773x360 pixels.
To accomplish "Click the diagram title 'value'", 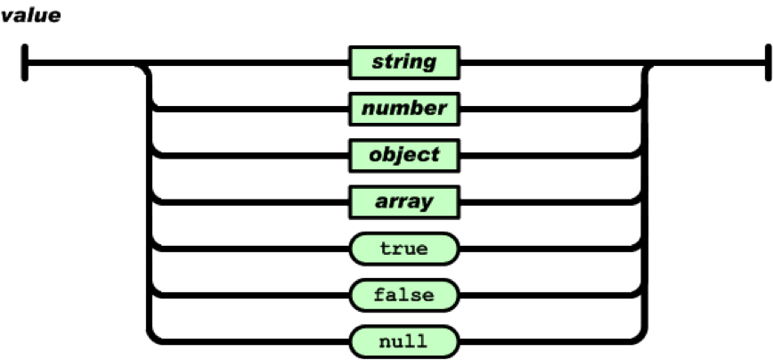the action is point(30,15).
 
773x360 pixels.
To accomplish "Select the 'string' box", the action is point(404,62).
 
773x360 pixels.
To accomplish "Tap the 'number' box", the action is point(404,109).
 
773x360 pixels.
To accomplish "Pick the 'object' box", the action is point(404,155).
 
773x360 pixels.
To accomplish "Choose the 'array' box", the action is point(404,201).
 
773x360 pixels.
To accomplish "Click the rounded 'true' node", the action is point(404,249).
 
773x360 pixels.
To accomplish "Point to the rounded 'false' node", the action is point(404,295).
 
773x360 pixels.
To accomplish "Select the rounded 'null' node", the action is point(404,341).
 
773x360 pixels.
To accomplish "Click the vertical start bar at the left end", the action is point(25,62).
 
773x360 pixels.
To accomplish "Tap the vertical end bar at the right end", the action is point(768,62).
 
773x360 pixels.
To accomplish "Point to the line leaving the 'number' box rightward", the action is point(549,109).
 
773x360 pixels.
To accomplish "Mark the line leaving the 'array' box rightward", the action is point(549,201).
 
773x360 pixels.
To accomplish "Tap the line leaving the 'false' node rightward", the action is point(549,295).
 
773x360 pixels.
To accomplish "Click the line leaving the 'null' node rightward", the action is point(549,341).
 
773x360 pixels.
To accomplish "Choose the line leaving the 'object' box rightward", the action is point(549,155).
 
